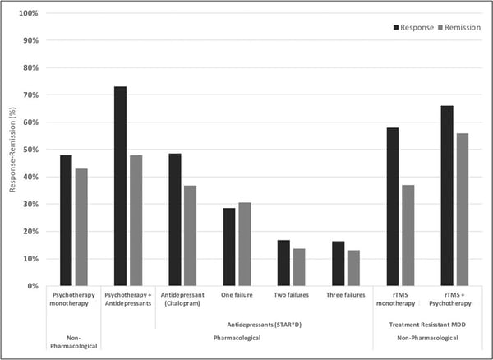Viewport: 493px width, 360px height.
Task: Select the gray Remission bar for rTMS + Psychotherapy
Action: click(x=463, y=210)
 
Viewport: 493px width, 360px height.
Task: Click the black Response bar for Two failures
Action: click(x=283, y=263)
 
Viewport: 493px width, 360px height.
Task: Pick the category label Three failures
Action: click(x=346, y=293)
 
